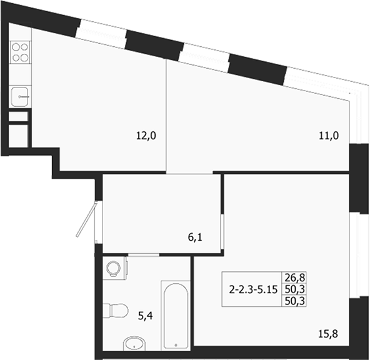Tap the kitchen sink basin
21,97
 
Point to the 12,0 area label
146,134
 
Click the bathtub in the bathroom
176,318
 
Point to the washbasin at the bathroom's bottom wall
132,344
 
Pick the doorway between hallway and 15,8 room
222,233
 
